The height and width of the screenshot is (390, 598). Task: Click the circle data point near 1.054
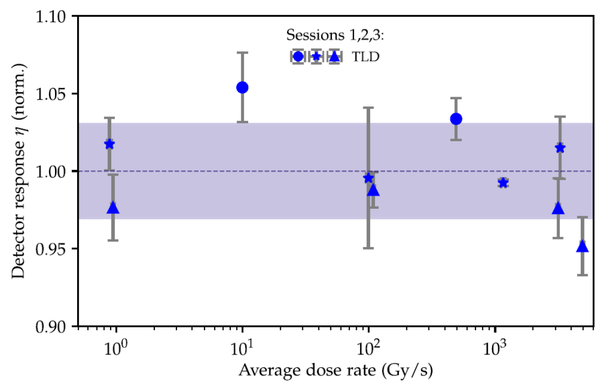[242, 87]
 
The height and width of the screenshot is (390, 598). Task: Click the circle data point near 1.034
[456, 119]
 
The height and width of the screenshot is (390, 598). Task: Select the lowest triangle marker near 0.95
[582, 247]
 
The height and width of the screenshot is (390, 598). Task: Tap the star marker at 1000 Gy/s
[503, 183]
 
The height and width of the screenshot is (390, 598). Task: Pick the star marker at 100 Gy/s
[369, 178]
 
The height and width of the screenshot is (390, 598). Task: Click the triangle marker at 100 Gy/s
[373, 190]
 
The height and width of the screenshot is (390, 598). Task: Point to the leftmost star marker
[110, 144]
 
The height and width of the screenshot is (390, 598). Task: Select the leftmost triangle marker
[113, 208]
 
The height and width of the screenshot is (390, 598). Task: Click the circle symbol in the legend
[298, 56]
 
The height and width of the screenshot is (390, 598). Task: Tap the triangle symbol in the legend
[335, 56]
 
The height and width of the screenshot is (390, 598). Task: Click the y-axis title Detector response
[18, 171]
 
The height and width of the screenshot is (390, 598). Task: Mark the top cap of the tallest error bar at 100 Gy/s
[369, 107]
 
